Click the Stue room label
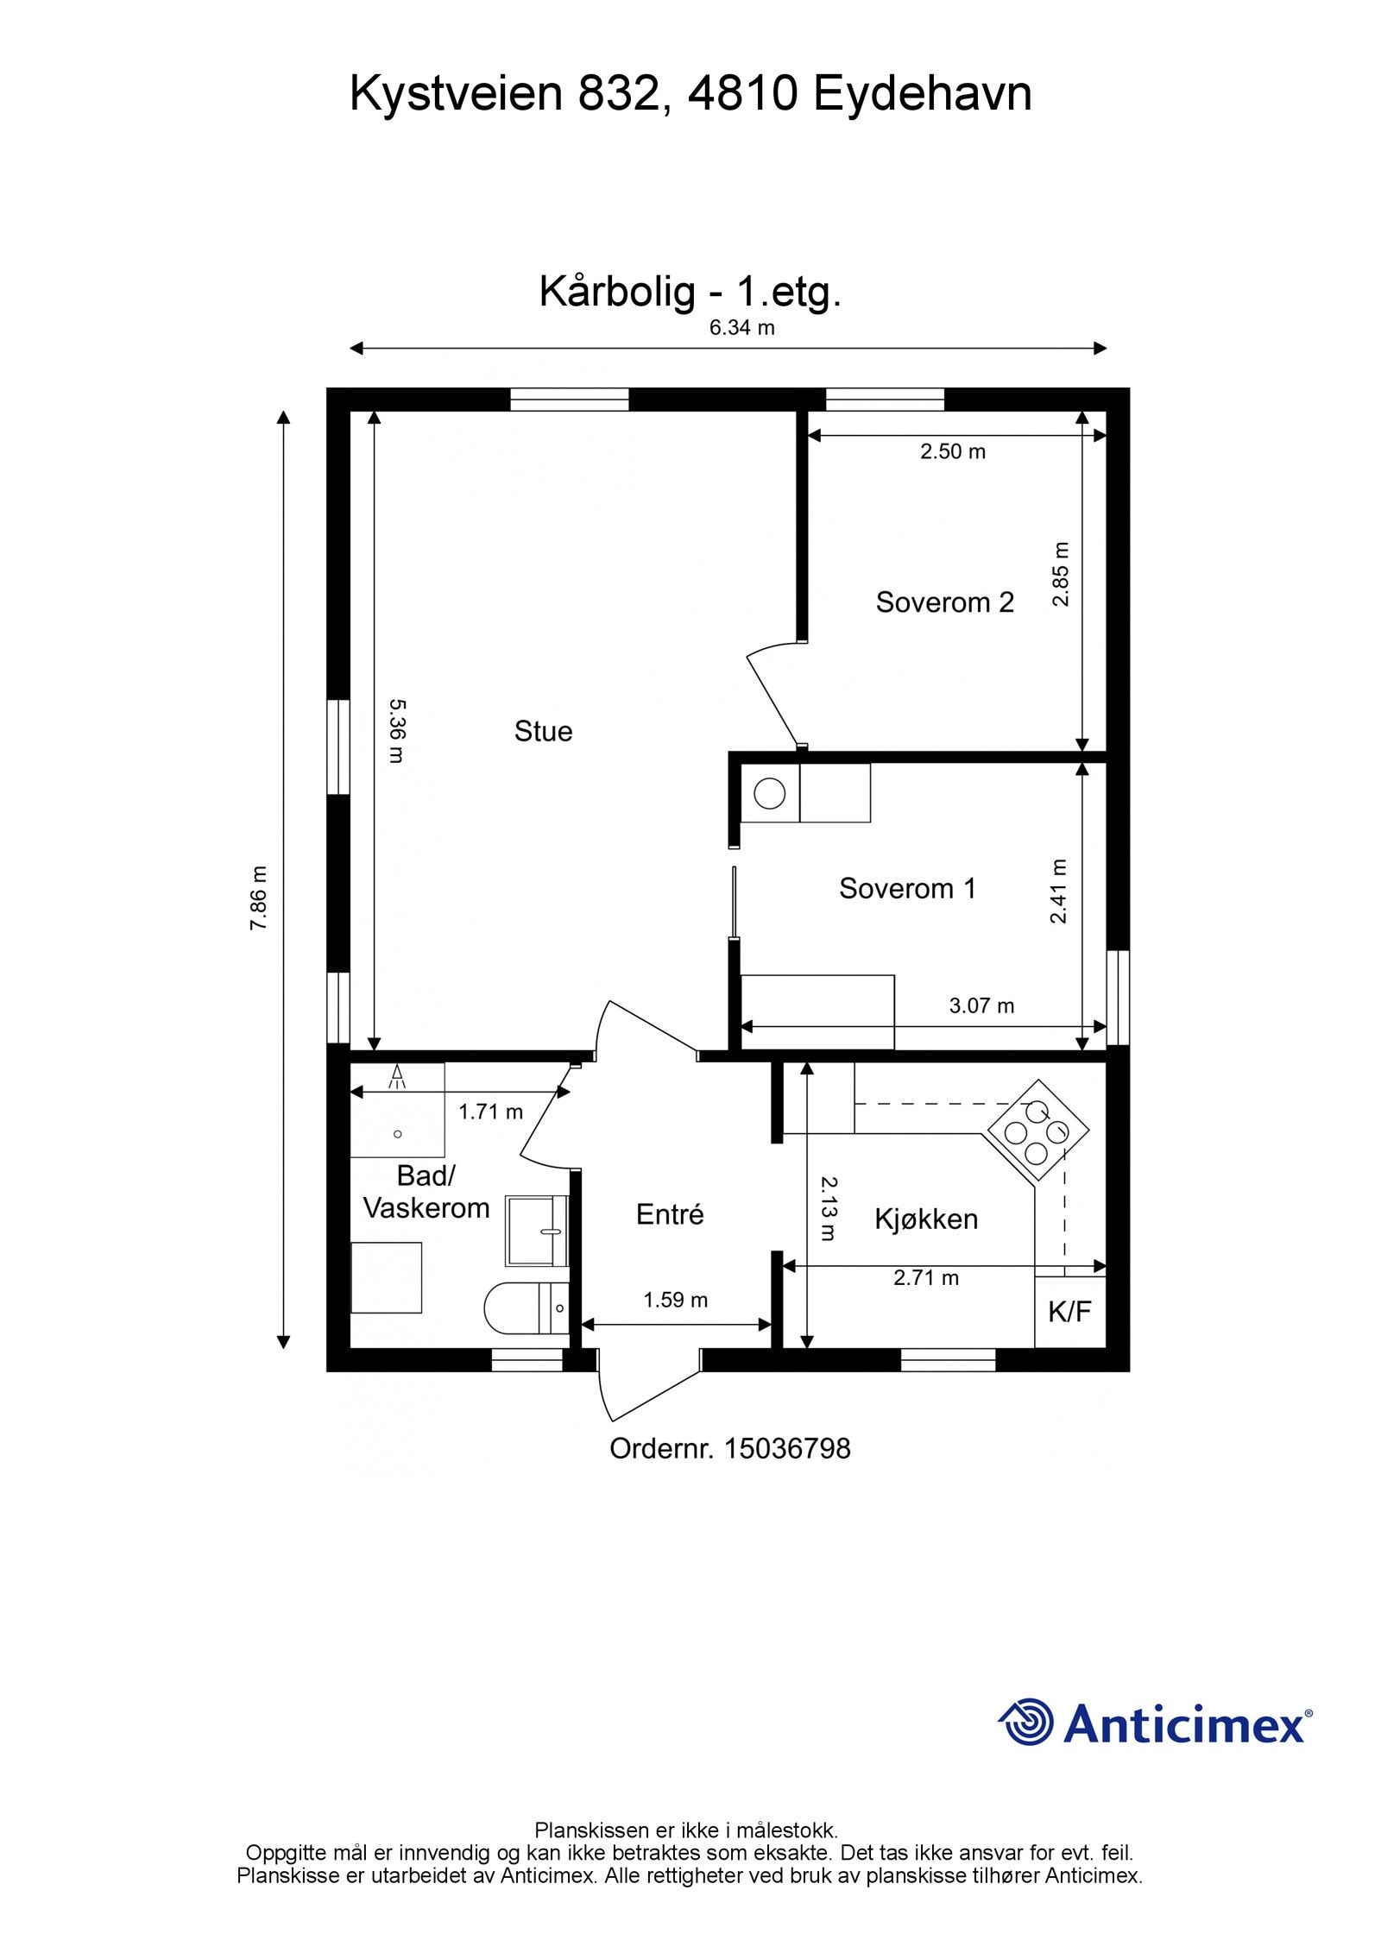pyautogui.click(x=543, y=732)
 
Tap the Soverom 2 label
pyautogui.click(x=944, y=602)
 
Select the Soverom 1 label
pyautogui.click(x=907, y=888)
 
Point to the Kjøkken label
pyautogui.click(x=926, y=1219)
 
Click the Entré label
pyautogui.click(x=670, y=1214)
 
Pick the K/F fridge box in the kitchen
pyautogui.click(x=1070, y=1312)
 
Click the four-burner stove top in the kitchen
pyautogui.click(x=1037, y=1131)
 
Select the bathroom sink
pyautogui.click(x=536, y=1231)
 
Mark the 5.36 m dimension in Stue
pyautogui.click(x=395, y=731)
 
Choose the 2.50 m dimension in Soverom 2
pyautogui.click(x=953, y=451)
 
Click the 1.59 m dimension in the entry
pyautogui.click(x=676, y=1300)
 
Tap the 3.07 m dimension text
pyautogui.click(x=982, y=1005)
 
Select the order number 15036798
pyautogui.click(x=787, y=1448)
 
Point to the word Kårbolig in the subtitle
pyautogui.click(x=617, y=292)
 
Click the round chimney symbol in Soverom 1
pyautogui.click(x=770, y=793)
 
